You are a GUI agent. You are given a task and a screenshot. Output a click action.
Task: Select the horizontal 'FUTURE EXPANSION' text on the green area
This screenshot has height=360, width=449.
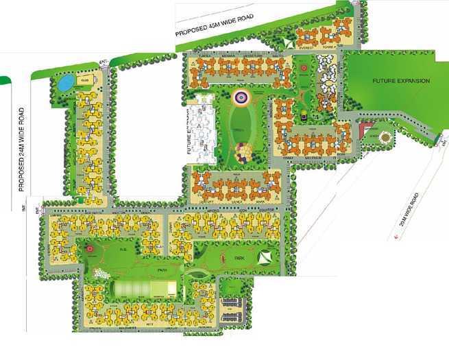click(x=401, y=81)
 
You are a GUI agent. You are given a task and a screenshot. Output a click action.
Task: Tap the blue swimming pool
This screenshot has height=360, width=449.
click(x=64, y=82)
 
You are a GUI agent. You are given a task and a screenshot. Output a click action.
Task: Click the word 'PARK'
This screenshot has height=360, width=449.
click(x=240, y=259)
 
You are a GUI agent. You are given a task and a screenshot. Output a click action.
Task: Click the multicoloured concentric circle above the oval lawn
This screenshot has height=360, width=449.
click(x=241, y=97)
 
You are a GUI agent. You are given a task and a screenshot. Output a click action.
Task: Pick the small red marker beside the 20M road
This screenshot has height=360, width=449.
click(x=398, y=237)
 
